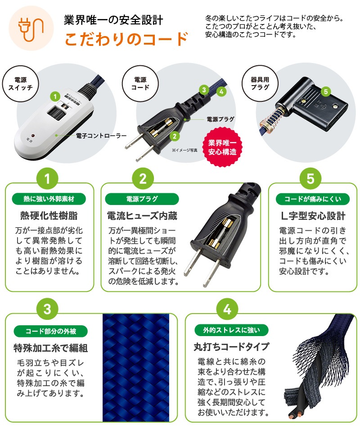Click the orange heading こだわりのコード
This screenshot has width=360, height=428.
tap(126, 39)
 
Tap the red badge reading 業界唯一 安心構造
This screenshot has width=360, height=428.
tap(222, 146)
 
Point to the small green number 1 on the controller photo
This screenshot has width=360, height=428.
tap(54, 96)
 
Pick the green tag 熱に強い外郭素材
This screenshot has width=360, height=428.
tap(49, 199)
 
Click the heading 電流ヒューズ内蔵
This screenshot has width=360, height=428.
tap(142, 216)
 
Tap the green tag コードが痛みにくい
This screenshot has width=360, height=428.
tap(310, 199)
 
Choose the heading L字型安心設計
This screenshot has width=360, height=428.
tap(310, 216)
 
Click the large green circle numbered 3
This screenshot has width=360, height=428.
tap(49, 310)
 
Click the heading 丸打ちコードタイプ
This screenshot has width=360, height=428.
tap(231, 346)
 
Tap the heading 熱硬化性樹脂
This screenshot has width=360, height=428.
tap(49, 216)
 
